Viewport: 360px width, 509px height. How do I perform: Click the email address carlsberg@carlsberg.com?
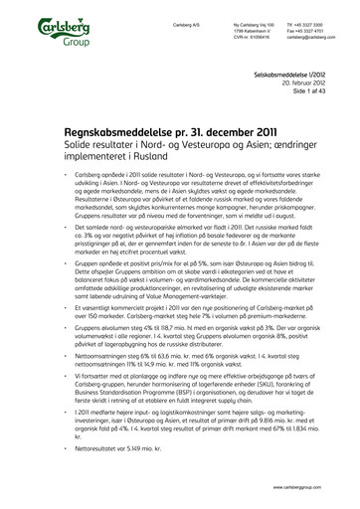(x=309, y=36)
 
